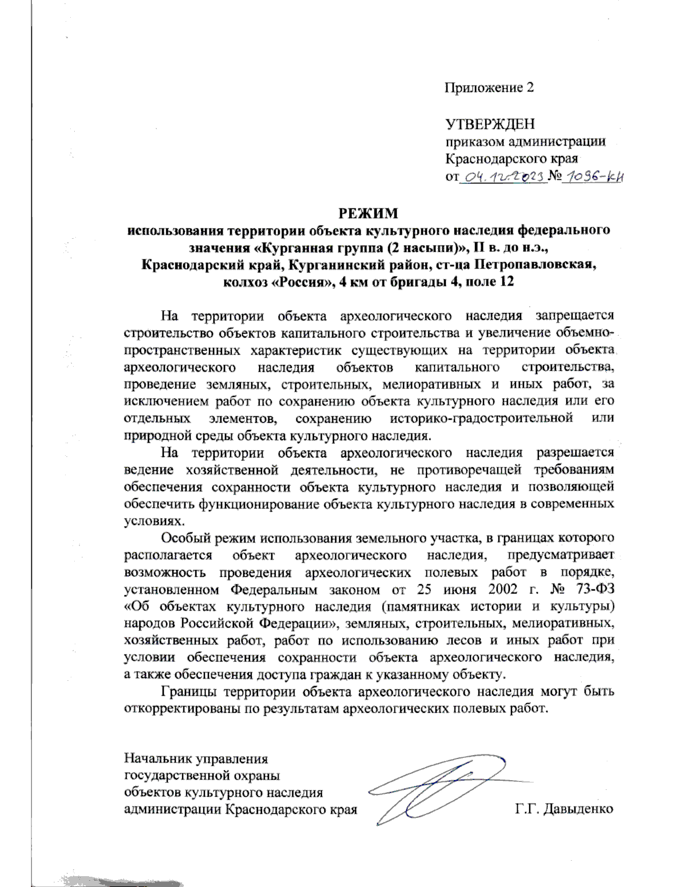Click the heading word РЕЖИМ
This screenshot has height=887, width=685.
[368, 214]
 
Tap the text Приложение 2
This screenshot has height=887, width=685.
[489, 87]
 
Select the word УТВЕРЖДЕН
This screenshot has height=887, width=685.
[490, 124]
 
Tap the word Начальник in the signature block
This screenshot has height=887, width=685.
[158, 759]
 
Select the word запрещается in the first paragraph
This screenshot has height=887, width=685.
[575, 315]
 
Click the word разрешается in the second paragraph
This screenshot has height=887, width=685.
[575, 453]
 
